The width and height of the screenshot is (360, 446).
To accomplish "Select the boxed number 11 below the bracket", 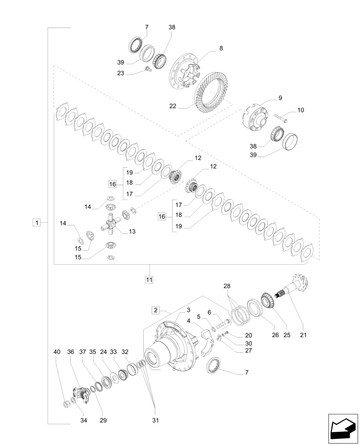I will pos(149,280).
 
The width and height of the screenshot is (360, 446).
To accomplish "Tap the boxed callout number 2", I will pos(155,310).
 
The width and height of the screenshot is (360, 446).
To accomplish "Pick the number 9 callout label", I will pos(280,98).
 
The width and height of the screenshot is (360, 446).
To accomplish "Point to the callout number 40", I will pos(57,352).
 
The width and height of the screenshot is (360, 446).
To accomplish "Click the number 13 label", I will pos(132,231).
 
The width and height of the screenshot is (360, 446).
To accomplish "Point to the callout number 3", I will pos(188,310).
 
